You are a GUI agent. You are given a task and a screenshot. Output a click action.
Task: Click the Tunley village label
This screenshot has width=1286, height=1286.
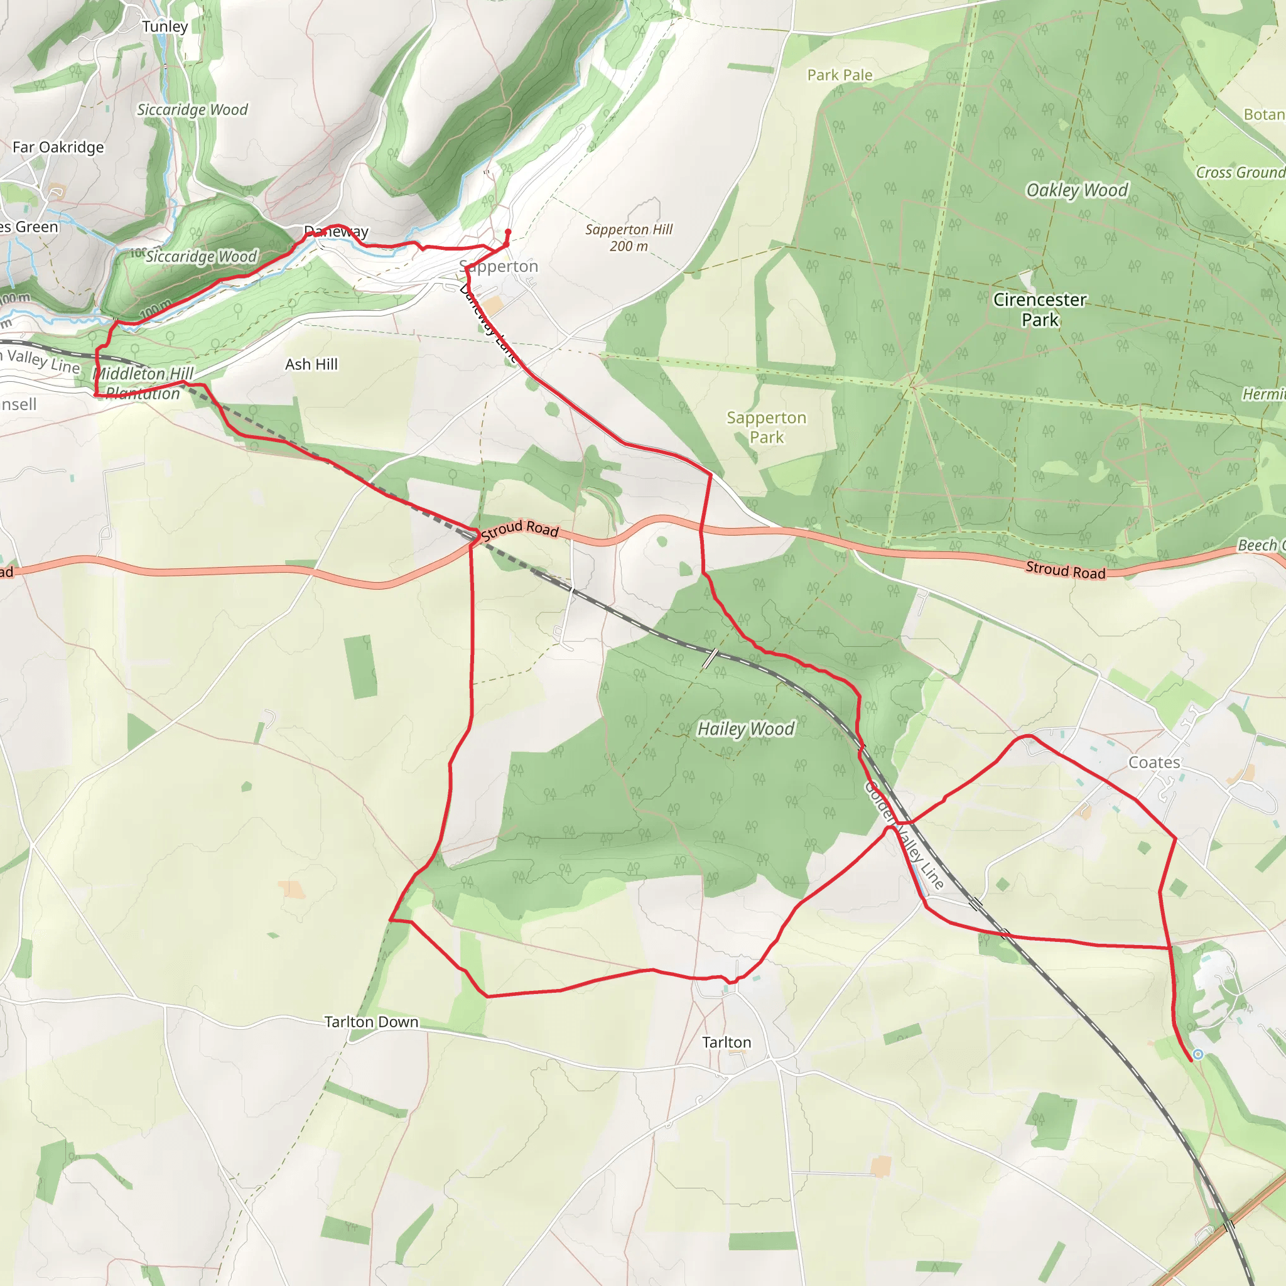165,26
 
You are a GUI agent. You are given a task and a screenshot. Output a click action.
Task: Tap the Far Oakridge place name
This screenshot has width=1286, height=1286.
58,147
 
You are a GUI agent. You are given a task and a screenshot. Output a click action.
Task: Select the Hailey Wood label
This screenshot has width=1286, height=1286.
745,729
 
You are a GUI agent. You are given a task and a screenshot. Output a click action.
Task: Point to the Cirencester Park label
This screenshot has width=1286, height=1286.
1040,310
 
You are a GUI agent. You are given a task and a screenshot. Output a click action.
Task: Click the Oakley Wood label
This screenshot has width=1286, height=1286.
1077,190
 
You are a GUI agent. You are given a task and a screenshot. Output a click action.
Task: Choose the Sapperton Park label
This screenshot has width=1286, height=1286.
766,428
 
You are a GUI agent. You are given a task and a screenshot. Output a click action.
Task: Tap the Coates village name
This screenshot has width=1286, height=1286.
1154,762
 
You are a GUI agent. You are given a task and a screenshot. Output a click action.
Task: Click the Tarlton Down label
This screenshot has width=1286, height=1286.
372,1022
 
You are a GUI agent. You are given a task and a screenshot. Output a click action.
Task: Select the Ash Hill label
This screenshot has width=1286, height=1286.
311,364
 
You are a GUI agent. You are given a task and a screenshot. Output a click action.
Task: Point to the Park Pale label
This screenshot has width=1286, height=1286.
840,75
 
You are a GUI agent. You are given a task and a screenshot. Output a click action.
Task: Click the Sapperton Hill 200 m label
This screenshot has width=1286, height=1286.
629,237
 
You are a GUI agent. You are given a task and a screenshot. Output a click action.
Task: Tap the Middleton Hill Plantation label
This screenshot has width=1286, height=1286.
143,384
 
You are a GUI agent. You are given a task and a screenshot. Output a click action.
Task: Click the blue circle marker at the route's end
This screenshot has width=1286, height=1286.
1198,1054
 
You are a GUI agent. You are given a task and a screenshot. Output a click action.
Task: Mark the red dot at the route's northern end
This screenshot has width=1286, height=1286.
508,232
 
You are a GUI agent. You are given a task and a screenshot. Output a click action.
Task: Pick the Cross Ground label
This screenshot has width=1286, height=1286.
1240,173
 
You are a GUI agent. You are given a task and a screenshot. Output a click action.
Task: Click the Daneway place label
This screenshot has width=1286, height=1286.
336,232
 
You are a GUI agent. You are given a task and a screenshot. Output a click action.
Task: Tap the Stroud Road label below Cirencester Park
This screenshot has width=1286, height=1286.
1065,570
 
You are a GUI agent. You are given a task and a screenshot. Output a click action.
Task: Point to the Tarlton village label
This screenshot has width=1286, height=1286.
727,1042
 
